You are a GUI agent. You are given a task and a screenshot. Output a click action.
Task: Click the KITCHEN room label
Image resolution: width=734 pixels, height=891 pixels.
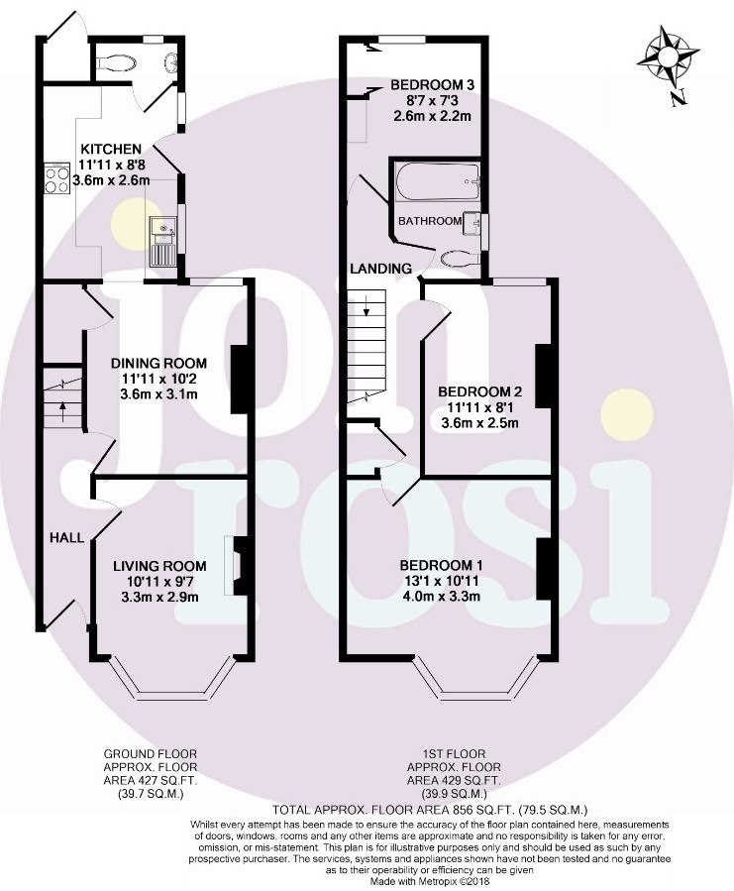click(111, 150)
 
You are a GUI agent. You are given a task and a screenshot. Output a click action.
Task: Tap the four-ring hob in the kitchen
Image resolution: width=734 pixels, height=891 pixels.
click(56, 179)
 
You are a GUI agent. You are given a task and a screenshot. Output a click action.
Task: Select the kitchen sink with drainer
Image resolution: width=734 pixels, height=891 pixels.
click(164, 241)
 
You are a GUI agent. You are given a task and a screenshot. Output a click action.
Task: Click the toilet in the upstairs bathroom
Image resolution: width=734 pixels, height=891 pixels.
click(461, 258)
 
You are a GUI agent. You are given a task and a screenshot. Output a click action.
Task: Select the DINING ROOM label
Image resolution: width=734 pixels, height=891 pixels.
click(158, 364)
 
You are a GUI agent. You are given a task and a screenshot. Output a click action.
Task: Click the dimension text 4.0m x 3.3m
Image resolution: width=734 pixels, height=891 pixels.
click(441, 597)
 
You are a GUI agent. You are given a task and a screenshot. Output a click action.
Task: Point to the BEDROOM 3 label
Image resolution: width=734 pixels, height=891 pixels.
click(432, 85)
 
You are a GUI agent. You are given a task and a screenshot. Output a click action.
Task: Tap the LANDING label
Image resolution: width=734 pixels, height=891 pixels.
click(380, 269)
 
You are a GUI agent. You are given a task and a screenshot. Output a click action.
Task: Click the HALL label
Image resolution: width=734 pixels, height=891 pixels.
click(67, 537)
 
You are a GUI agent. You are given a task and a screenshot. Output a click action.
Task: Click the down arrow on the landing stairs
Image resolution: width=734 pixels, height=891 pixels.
click(367, 305)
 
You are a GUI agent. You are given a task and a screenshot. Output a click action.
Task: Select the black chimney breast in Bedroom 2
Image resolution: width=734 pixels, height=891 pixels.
click(544, 377)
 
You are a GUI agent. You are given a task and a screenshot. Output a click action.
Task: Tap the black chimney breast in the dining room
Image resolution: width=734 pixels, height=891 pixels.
click(239, 379)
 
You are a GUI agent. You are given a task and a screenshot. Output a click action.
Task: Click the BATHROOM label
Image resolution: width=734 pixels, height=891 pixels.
click(430, 221)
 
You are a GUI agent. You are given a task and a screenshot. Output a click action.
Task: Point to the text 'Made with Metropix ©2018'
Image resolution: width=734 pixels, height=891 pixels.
click(430, 881)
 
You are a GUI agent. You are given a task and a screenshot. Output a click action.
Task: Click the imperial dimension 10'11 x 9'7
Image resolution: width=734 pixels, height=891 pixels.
click(159, 582)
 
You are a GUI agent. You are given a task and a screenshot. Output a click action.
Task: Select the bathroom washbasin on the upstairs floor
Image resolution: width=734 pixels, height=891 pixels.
click(472, 224)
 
